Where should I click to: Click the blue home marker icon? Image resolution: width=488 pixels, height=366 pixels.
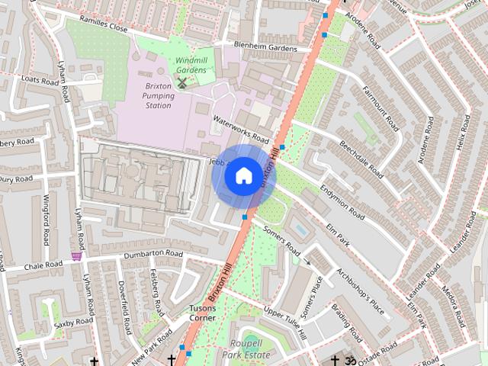[x=242, y=176]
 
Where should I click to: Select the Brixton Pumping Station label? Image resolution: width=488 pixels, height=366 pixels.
[x=158, y=96]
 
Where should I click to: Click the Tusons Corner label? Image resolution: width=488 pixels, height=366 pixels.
[x=203, y=313]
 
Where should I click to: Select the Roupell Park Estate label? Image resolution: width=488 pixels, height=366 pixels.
[x=247, y=349]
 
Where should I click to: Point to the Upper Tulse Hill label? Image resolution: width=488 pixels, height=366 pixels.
[x=284, y=323]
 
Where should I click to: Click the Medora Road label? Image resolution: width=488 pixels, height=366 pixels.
[x=456, y=303]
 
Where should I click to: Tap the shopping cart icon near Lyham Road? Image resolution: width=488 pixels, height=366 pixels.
[x=76, y=257]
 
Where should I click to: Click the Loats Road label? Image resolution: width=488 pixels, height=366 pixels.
[x=40, y=79]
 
